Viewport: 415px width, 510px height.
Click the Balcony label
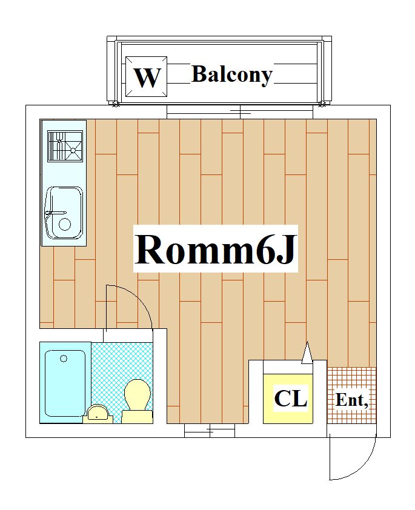pyautogui.click(x=232, y=75)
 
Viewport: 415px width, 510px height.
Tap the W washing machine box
pyautogui.click(x=147, y=76)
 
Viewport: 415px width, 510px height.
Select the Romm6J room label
pyautogui.click(x=215, y=249)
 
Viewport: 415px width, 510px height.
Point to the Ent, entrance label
pyautogui.click(x=351, y=400)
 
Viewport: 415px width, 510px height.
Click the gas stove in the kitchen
pyautogui.click(x=65, y=146)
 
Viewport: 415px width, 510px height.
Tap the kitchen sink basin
pyautogui.click(x=64, y=213)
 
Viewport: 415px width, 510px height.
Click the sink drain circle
pyautogui.click(x=64, y=224)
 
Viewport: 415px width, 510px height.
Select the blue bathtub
pyautogui.click(x=65, y=383)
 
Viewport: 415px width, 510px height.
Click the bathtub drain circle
pyautogui.click(x=64, y=359)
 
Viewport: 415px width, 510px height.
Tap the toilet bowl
pyautogui.click(x=138, y=394)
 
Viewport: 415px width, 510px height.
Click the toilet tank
pyautogui.click(x=137, y=417)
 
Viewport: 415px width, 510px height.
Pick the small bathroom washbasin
pyautogui.click(x=98, y=414)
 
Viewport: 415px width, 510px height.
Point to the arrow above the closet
pyautogui.click(x=307, y=353)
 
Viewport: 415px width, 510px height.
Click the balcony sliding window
pyautogui.click(x=240, y=112)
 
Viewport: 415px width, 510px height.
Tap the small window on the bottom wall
pyautogui.click(x=210, y=431)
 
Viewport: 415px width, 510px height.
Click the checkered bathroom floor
pyautogui.click(x=122, y=374)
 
